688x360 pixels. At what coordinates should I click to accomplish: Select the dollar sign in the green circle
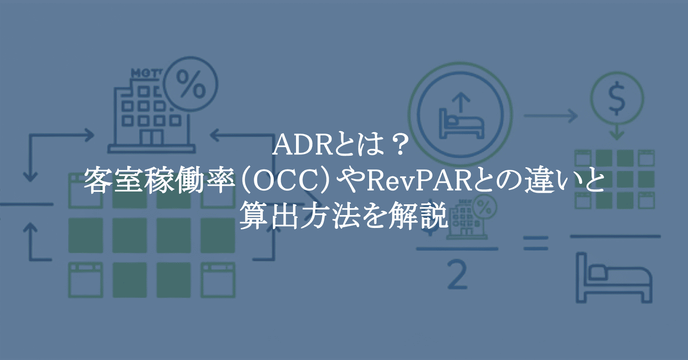(617, 98)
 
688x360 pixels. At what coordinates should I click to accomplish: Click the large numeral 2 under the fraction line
(457, 276)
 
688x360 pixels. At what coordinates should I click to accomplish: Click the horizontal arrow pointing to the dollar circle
(550, 116)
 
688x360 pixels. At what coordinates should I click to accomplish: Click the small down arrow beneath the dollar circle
(617, 132)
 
